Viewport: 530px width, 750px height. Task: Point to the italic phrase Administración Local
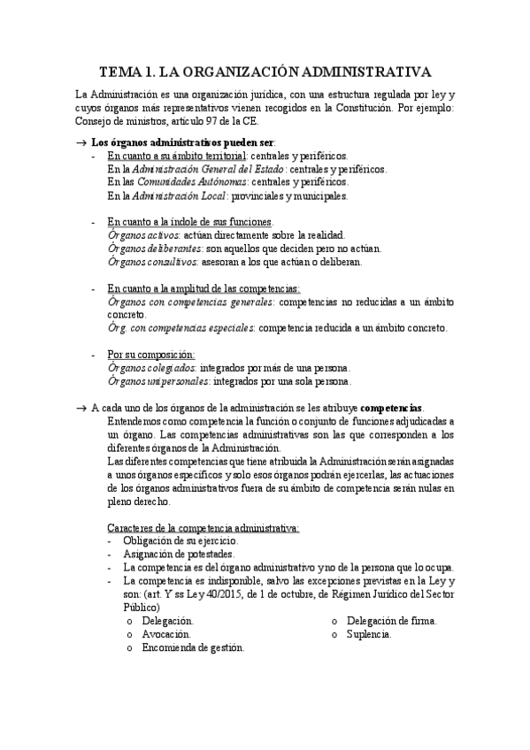click(180, 195)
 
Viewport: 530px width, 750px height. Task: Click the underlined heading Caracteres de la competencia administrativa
click(203, 527)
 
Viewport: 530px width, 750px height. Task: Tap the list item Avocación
click(165, 634)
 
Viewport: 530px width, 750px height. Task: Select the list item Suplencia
click(370, 634)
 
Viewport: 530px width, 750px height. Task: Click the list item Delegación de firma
click(390, 621)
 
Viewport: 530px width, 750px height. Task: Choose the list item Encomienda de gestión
click(192, 647)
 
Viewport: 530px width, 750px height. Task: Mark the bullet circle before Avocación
click(130, 635)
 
